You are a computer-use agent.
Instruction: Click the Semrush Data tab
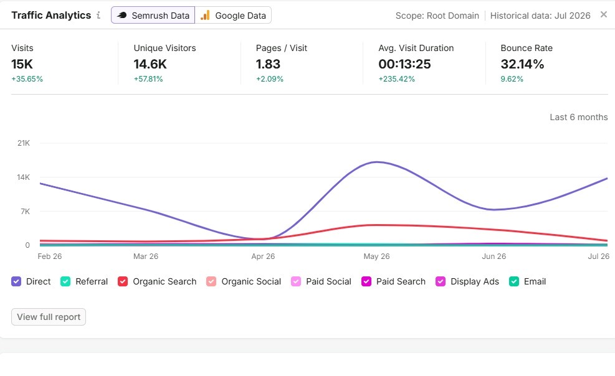pos(153,16)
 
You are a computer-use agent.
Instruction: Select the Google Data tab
pos(233,16)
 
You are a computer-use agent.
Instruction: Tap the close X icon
pos(604,14)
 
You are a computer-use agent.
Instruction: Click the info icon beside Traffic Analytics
pos(98,16)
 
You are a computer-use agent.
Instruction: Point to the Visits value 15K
pos(22,64)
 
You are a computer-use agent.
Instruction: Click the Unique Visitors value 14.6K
pos(150,64)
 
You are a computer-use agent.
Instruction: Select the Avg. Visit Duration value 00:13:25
pos(404,64)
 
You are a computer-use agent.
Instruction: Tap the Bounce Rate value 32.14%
pos(522,64)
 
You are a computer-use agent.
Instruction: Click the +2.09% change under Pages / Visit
pos(269,78)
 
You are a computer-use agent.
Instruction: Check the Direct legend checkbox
pos(16,281)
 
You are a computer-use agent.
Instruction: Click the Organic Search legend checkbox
pos(123,281)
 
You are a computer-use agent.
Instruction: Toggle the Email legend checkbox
pos(514,281)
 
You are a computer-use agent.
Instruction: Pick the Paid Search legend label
pos(401,281)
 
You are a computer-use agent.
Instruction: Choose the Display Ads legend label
pos(475,281)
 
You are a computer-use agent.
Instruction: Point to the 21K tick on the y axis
pos(24,143)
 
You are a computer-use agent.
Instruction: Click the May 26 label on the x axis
pos(376,256)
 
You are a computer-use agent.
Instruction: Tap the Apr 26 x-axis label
pos(263,256)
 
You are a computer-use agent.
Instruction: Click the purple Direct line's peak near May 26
pos(377,162)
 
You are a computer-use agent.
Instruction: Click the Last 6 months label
pos(578,117)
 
